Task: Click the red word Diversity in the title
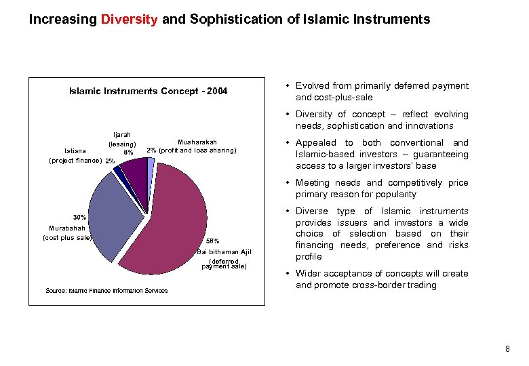pos(130,20)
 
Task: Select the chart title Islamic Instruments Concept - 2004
pos(149,91)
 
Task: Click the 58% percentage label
pos(212,241)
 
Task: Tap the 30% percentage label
pos(79,217)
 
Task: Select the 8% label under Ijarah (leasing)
pos(128,152)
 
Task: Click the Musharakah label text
pos(197,142)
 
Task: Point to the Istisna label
pos(75,152)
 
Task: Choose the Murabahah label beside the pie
pos(67,228)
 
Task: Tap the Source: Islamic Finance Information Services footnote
pos(106,291)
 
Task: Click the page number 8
pos(507,349)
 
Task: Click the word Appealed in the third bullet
pos(315,143)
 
